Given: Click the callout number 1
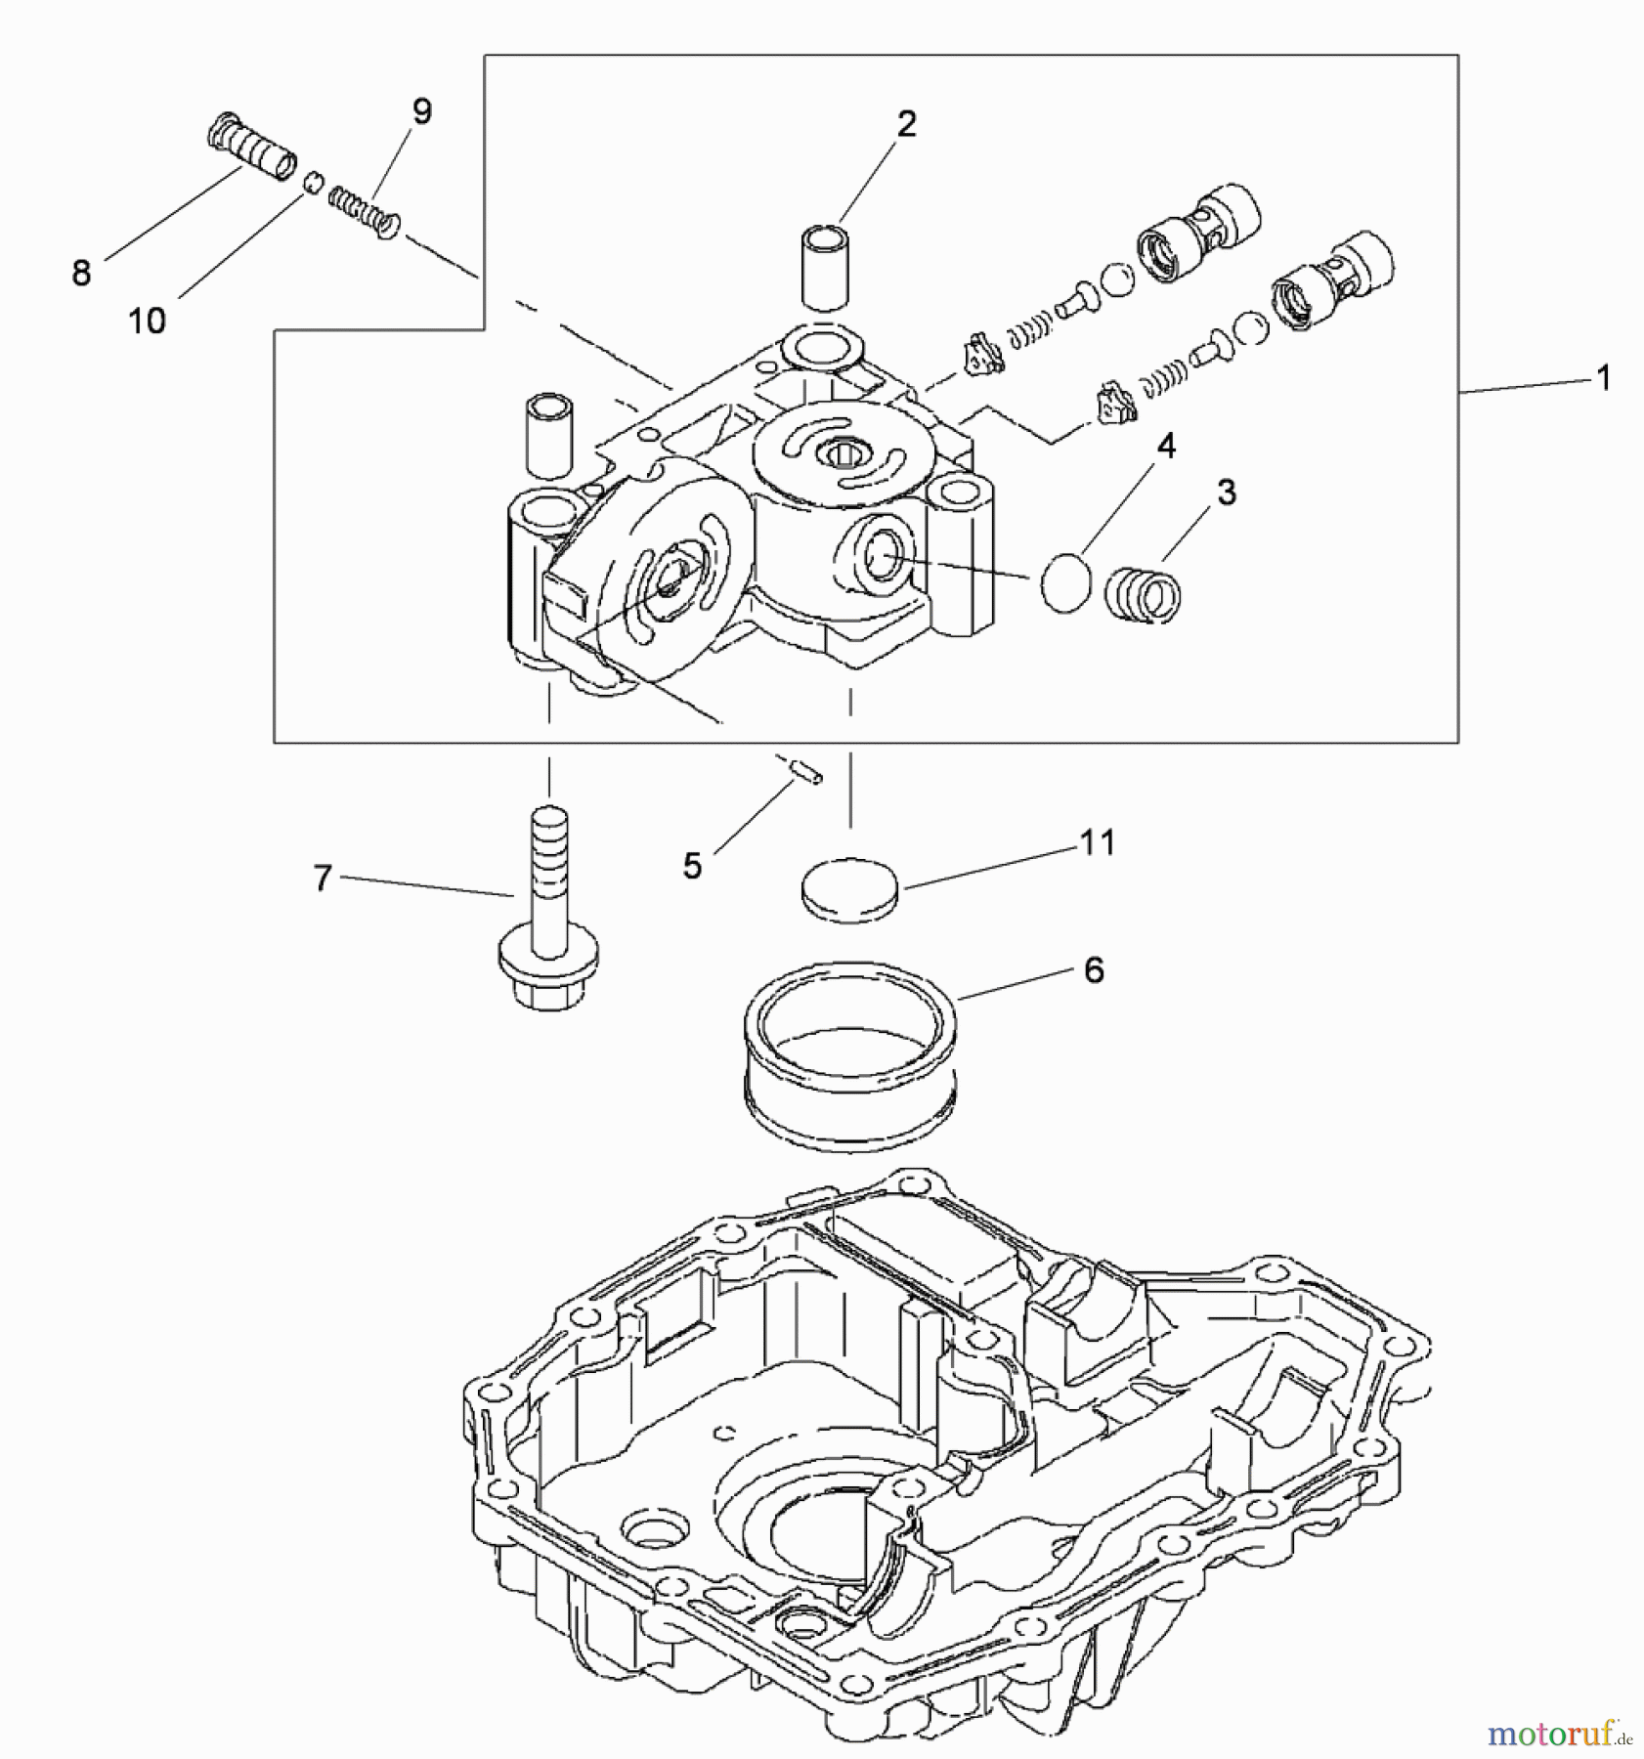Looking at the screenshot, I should (x=1602, y=378).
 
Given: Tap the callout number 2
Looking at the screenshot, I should (x=906, y=124).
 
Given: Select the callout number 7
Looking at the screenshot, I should (x=323, y=878).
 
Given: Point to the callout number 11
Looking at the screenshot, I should (x=1097, y=841).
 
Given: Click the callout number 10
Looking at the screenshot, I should (x=148, y=321).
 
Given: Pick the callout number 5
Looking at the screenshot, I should (x=692, y=866).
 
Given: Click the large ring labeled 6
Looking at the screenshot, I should (x=849, y=1051).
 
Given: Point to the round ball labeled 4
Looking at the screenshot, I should (x=1065, y=583).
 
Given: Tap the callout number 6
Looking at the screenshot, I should (x=1094, y=970).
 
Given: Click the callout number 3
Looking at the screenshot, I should (x=1227, y=493).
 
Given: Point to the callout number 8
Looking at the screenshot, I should (x=81, y=274).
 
